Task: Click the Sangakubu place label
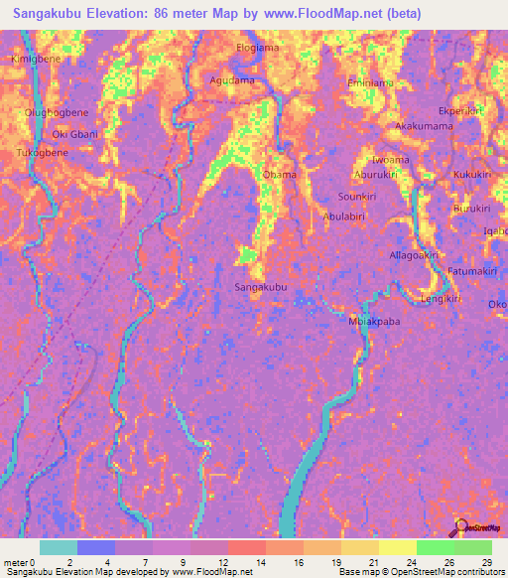[x=261, y=287]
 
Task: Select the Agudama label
[x=233, y=79]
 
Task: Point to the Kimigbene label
[x=36, y=60]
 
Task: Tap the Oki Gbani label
[x=75, y=134]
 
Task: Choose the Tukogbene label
[x=42, y=153]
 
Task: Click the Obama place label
[x=279, y=176]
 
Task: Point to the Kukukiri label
[x=472, y=175]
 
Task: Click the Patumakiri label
[x=471, y=271]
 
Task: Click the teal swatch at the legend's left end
[x=59, y=547]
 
